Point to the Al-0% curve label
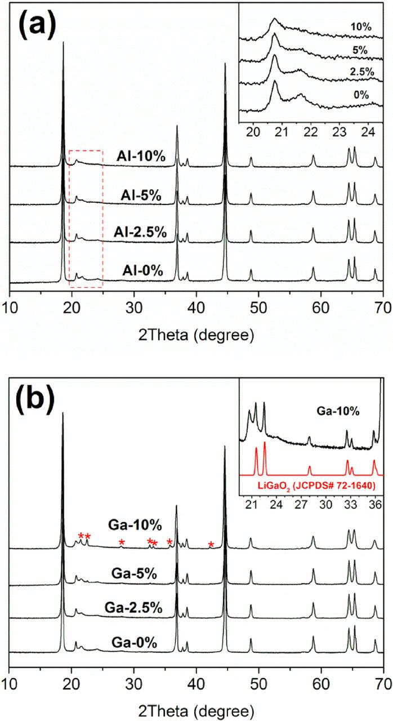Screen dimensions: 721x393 click(142, 271)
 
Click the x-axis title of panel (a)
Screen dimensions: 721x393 click(196, 320)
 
